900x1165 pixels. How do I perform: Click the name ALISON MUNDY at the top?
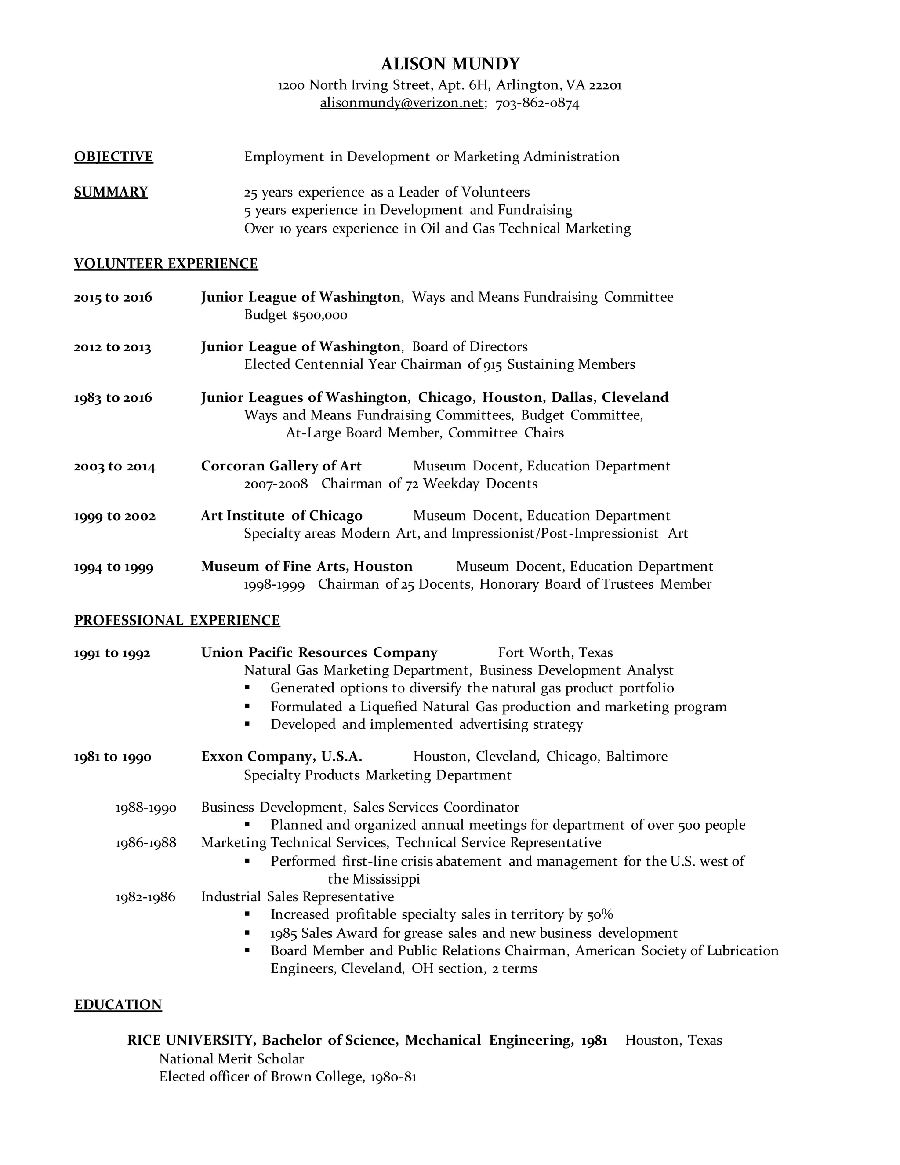click(x=450, y=64)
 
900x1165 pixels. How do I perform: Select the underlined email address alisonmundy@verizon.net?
click(x=402, y=103)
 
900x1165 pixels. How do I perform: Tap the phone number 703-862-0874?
click(x=537, y=103)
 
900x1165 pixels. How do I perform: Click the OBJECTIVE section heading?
click(x=113, y=157)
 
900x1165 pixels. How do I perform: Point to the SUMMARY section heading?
click(x=111, y=192)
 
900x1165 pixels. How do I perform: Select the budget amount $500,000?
click(x=320, y=315)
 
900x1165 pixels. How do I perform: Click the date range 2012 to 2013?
click(x=112, y=347)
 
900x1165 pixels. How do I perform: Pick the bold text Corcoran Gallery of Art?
click(x=281, y=466)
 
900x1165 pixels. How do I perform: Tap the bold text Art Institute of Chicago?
click(x=282, y=516)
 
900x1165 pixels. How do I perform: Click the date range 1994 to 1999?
click(x=113, y=567)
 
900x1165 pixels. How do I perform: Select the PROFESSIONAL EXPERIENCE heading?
click(x=177, y=620)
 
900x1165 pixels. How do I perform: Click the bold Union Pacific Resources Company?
click(x=319, y=653)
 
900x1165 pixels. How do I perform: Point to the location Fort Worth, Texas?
click(x=555, y=653)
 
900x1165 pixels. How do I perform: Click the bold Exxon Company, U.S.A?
click(x=282, y=757)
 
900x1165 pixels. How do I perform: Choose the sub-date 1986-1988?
click(x=145, y=843)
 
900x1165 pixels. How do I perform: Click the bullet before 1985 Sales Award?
click(x=247, y=933)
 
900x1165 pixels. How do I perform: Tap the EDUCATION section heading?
click(x=118, y=1005)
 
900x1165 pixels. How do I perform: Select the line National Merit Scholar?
click(x=232, y=1059)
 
